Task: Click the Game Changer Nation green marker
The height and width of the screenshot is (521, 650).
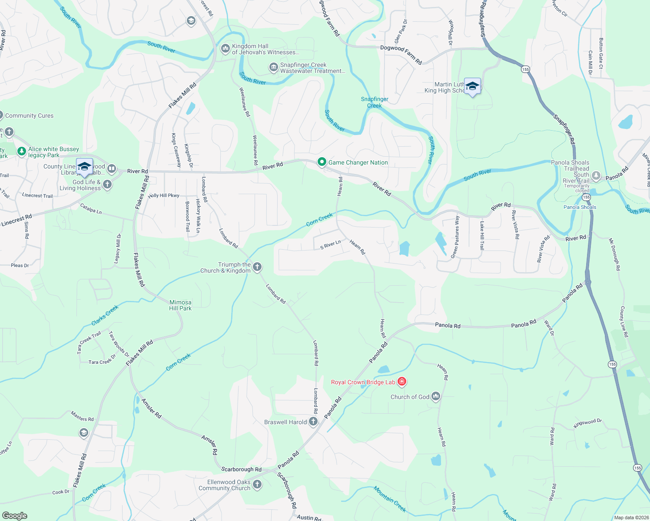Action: (322, 162)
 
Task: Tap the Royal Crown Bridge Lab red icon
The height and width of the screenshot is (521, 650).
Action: (402, 382)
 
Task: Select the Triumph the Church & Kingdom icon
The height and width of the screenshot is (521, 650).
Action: (257, 267)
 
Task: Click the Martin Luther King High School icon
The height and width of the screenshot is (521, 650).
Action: (472, 86)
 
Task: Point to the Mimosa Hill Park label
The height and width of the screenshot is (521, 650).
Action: (180, 305)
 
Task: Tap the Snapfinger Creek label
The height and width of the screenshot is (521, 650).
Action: (375, 102)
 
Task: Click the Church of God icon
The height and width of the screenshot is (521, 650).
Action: (436, 396)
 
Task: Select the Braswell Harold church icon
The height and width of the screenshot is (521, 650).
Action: (313, 422)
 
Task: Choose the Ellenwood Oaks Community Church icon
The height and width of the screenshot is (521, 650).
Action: (257, 485)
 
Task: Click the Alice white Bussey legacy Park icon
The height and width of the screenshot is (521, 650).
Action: (21, 152)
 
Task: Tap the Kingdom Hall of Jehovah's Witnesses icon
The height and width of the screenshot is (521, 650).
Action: (225, 48)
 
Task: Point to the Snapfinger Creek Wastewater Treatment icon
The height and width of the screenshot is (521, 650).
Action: (273, 67)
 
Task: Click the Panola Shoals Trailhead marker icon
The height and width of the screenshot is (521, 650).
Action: (596, 175)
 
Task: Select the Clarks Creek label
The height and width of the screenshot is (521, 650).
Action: (105, 315)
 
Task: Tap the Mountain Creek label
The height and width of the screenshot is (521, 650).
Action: (390, 499)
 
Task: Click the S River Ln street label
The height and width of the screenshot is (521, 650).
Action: (330, 245)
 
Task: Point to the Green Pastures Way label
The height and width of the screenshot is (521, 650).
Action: (455, 237)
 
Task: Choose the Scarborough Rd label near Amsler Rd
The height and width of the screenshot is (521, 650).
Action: (241, 469)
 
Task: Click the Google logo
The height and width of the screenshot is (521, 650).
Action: (15, 516)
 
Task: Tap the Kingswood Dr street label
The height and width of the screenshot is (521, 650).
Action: (587, 423)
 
